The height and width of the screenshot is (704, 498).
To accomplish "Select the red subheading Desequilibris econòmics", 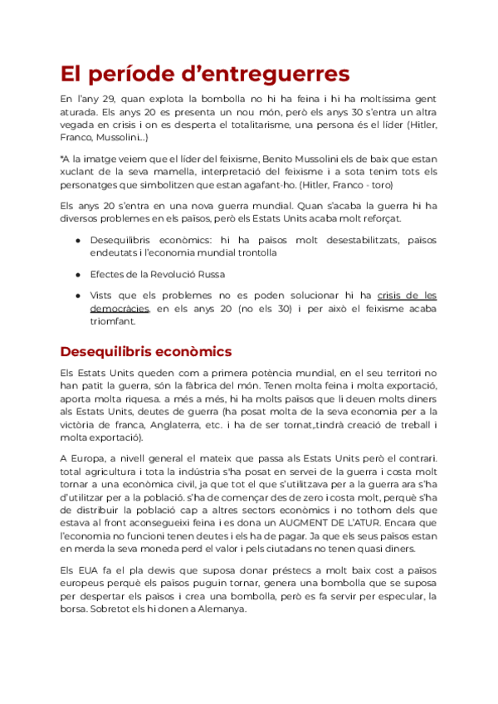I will (146, 351).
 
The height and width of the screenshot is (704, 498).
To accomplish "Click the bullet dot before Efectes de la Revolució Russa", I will (78, 274).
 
